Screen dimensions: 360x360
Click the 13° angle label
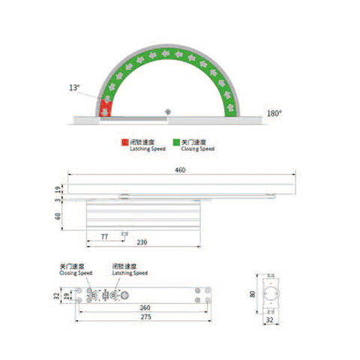(x=74, y=88)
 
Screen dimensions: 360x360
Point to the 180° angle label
(x=274, y=113)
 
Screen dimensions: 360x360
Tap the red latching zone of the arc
(x=106, y=109)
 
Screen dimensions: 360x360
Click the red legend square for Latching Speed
(x=125, y=142)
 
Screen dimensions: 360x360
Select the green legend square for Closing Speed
(x=176, y=142)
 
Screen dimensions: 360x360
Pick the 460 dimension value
(x=180, y=171)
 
